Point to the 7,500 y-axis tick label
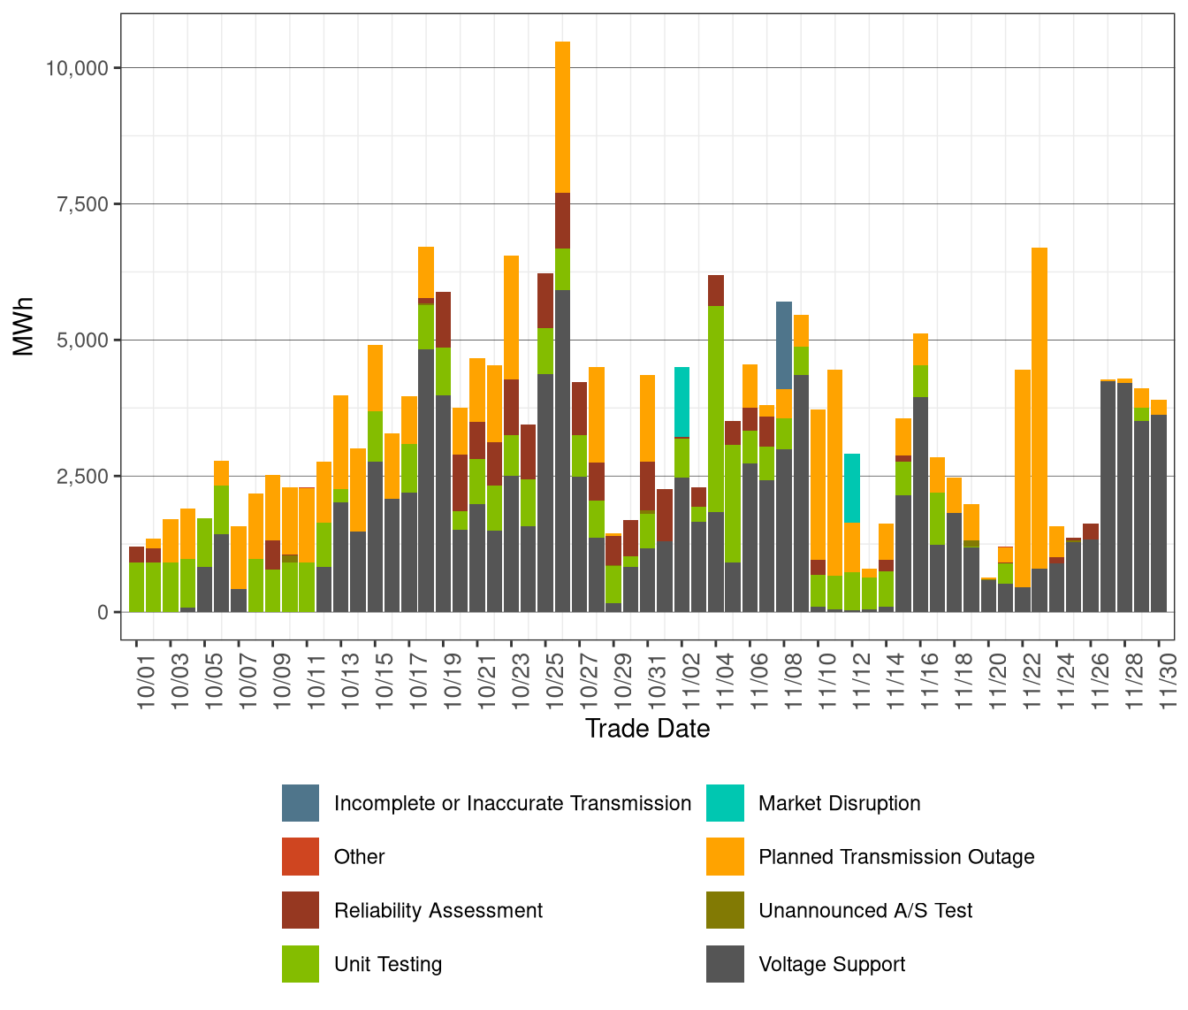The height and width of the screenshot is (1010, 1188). [x=82, y=204]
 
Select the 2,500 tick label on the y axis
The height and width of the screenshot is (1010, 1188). [x=82, y=477]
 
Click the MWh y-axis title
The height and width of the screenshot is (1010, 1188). [x=23, y=326]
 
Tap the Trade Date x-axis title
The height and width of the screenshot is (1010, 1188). [x=647, y=729]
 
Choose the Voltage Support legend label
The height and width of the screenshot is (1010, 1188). [x=832, y=965]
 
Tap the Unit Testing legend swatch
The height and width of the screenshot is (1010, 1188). [x=301, y=965]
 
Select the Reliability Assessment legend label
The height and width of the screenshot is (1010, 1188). [x=438, y=911]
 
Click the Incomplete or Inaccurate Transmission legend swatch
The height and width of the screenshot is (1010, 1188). [x=301, y=803]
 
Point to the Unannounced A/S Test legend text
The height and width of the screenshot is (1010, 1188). [x=865, y=911]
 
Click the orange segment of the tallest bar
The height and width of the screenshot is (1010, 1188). [x=562, y=117]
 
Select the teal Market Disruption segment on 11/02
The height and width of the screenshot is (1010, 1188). [x=682, y=402]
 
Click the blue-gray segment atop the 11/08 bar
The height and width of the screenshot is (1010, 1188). [x=784, y=345]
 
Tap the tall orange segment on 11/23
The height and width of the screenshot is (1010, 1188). [x=1039, y=407]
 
